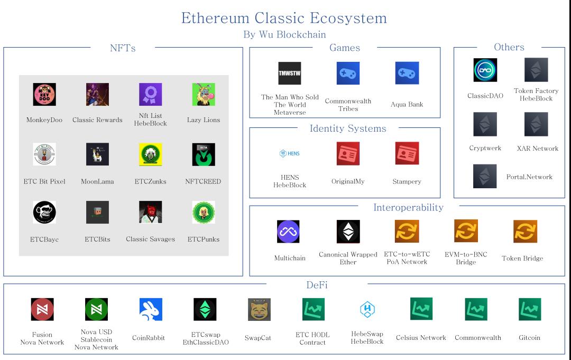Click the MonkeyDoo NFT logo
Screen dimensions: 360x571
(x=44, y=95)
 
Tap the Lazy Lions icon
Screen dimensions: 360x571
(x=204, y=95)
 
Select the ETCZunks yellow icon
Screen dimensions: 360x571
(x=150, y=154)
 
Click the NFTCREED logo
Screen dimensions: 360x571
(x=204, y=154)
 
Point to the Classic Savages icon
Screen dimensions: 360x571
(x=150, y=212)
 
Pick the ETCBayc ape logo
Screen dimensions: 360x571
(x=44, y=212)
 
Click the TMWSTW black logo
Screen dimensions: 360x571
(x=289, y=73)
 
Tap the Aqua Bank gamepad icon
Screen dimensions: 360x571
(x=407, y=73)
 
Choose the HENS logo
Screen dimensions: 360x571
(x=289, y=153)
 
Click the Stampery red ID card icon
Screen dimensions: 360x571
(x=407, y=153)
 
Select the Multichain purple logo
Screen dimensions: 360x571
(x=288, y=232)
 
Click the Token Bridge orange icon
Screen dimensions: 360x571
(x=525, y=232)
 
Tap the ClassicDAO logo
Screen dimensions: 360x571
(x=485, y=70)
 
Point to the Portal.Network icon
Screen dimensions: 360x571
(x=485, y=177)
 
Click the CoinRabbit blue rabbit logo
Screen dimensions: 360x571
(x=151, y=310)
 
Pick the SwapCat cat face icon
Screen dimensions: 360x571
(x=259, y=310)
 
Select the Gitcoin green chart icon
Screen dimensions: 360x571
(x=529, y=310)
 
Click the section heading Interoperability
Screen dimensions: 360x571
(x=408, y=207)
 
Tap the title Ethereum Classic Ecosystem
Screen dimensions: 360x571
(x=284, y=18)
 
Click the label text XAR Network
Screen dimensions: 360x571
(x=537, y=149)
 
